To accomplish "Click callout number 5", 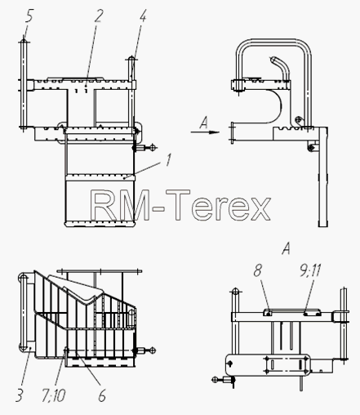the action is pos(29,16).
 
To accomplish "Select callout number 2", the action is pos(99,16).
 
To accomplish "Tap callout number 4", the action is pos(143,16).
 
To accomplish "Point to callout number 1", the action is pos(168,159).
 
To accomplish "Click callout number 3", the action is pos(19,395).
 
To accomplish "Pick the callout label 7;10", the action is pos(53,395).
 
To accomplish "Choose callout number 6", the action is pos(102,395).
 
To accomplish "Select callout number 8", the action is pos(257,270).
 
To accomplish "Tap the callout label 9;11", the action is pos(310,270).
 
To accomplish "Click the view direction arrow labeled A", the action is pos(205,132).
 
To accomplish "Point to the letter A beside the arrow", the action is pos(203,123).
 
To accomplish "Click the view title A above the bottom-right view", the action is pos(286,248).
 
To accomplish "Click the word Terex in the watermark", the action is pos(218,205).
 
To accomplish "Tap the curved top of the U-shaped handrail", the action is pos(273,42).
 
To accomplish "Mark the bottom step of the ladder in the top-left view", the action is pos(100,224).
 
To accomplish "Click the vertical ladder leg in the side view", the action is pos(323,177).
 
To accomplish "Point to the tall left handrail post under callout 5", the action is pos(24,85).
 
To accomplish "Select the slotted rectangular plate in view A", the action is pos(286,364).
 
